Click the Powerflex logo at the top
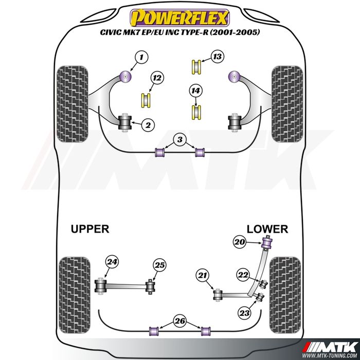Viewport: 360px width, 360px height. click(x=179, y=19)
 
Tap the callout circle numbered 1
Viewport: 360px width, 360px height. click(x=142, y=58)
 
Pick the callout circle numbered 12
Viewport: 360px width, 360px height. click(x=157, y=79)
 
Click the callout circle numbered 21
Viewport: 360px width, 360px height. click(x=203, y=276)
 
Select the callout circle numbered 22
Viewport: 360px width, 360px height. click(x=243, y=275)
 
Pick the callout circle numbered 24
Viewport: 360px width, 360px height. click(x=112, y=262)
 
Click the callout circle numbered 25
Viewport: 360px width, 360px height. click(x=159, y=265)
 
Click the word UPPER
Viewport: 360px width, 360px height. click(x=90, y=229)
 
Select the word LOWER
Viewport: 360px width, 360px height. click(x=267, y=229)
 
